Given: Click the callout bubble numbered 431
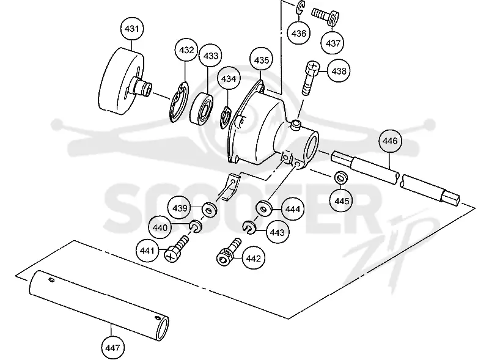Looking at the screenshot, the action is [x=131, y=29].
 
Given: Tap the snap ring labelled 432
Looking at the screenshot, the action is [x=179, y=101].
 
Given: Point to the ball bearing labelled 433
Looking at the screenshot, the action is [x=202, y=108].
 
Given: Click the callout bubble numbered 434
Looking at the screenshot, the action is [x=229, y=79].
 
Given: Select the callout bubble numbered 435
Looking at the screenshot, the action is [x=261, y=59].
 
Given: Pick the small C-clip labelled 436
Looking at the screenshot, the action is [x=300, y=7].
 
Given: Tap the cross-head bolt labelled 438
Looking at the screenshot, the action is [x=311, y=78].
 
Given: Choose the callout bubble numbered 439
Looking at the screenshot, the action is [x=179, y=208].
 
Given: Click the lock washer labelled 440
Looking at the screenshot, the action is [x=196, y=226].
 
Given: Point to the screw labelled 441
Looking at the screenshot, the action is [x=176, y=249].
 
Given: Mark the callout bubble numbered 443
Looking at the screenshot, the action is [x=277, y=232].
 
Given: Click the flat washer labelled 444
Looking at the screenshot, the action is [x=264, y=208].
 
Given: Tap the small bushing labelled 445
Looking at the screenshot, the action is [x=341, y=178].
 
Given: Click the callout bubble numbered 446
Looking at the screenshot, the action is [x=390, y=141].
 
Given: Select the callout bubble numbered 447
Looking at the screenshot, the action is [x=112, y=347].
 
